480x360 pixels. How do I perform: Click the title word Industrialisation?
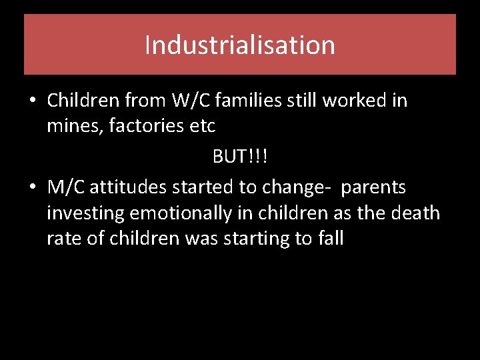click(239, 45)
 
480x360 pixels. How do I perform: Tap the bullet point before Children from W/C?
click(32, 101)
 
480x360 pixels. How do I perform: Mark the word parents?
click(373, 187)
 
